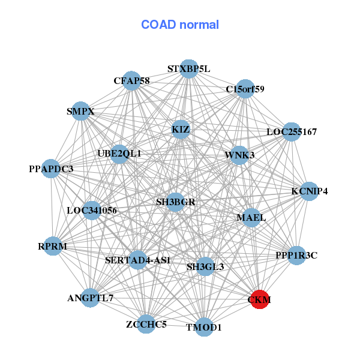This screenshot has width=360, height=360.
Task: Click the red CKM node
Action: [259, 299]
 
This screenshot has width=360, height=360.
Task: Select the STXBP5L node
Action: [188, 68]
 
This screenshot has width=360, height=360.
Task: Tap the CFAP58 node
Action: [132, 80]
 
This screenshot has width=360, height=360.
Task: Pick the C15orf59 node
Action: [245, 89]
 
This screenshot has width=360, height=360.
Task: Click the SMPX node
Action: [81, 111]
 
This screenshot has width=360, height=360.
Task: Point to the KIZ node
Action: [181, 129]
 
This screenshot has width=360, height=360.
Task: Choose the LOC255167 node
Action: [291, 131]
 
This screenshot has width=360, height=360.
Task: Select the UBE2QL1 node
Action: [119, 154]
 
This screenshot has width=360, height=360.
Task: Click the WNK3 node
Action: [240, 155]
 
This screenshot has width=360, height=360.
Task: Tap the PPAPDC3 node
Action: [51, 169]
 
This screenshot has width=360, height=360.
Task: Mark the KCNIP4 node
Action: [310, 191]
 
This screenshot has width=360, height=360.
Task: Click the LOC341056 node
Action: [92, 211]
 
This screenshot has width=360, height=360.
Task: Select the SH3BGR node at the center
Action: [175, 202]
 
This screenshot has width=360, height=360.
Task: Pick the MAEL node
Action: [251, 217]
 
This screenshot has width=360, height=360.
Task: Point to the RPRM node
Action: [53, 246]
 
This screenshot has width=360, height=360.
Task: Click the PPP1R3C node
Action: [296, 256]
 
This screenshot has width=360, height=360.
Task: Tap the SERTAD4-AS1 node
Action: [138, 260]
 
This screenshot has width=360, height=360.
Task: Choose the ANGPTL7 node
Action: [90, 298]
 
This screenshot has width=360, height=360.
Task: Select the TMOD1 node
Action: [204, 327]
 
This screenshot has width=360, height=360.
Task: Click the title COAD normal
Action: [180, 25]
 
